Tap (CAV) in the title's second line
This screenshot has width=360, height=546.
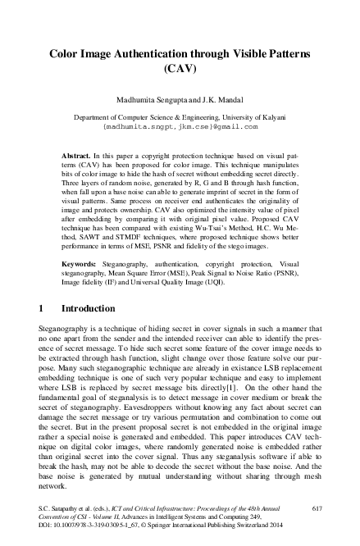click(x=180, y=68)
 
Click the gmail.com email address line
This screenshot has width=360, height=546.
click(x=180, y=127)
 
